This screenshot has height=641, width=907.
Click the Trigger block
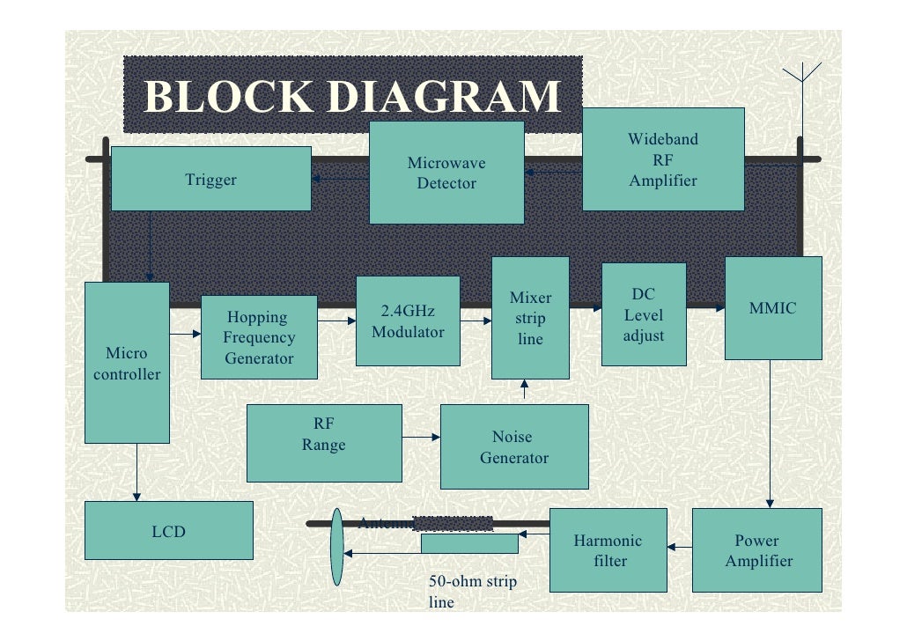tap(210, 179)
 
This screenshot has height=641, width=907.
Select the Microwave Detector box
tap(446, 173)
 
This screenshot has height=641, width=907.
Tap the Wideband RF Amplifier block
tap(663, 159)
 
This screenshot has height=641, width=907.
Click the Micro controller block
tap(127, 363)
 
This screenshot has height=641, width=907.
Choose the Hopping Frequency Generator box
tap(259, 337)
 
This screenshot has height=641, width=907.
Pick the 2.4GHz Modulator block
tap(408, 321)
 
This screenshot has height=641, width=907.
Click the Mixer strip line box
tap(530, 318)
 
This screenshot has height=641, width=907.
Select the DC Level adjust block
tap(643, 314)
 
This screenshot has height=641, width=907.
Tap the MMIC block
tap(772, 308)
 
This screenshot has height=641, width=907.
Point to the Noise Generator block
tap(514, 447)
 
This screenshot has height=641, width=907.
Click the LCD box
tap(168, 531)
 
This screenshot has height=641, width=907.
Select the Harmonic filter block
tap(608, 550)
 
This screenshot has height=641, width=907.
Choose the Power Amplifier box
tap(758, 550)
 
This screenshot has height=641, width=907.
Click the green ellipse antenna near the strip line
tap(336, 547)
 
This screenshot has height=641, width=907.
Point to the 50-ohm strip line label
tap(472, 592)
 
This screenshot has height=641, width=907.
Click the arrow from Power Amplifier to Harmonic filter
tap(680, 549)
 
